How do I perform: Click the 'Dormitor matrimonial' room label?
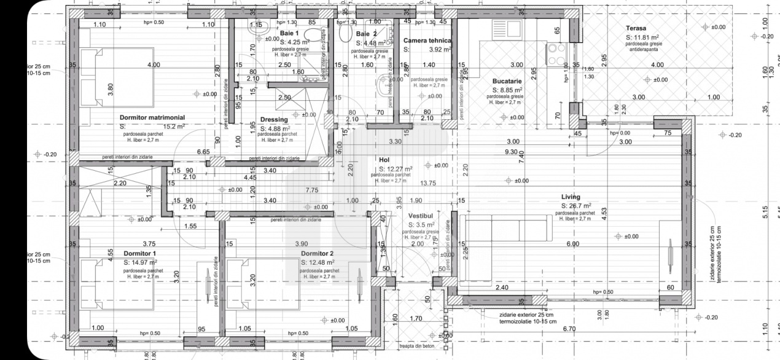click(x=152, y=117)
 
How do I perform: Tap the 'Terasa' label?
click(x=636, y=28)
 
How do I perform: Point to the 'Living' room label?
click(x=571, y=197)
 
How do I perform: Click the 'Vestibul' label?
click(x=421, y=216)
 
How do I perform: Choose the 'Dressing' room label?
click(x=274, y=120)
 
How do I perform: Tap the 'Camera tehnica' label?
click(x=427, y=41)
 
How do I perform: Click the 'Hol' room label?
click(x=385, y=159)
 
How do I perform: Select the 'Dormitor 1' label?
click(x=140, y=253)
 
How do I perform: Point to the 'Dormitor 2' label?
click(x=317, y=253)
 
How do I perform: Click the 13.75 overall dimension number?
click(x=427, y=183)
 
